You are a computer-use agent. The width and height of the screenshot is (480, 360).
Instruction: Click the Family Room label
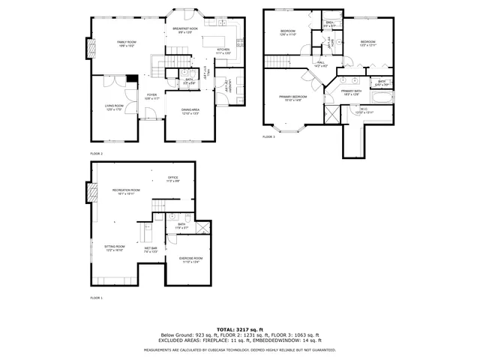pyautogui.click(x=125, y=43)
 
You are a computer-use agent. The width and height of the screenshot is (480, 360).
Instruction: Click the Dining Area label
pyautogui.click(x=190, y=111)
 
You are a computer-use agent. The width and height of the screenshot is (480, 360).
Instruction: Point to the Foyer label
pyautogui.click(x=151, y=96)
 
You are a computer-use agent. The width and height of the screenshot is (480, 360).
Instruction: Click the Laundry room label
pyautogui.click(x=227, y=86)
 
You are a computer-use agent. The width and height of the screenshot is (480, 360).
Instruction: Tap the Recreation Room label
pyautogui.click(x=126, y=191)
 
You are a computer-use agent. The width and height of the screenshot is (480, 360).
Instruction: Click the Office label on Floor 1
pyautogui.click(x=172, y=179)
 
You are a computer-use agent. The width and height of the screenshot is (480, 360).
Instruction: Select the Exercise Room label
pyautogui.click(x=190, y=259)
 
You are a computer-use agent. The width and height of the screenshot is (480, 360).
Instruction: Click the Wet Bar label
pyautogui.click(x=151, y=249)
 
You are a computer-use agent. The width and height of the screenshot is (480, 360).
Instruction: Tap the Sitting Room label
pyautogui.click(x=114, y=249)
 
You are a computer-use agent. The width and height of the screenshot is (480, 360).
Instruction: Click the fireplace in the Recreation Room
pyautogui.click(x=91, y=193)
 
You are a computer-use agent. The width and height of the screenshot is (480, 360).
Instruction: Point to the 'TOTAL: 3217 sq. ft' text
pyautogui.click(x=239, y=329)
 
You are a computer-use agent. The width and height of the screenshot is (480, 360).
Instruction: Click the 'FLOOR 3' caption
pyautogui.click(x=268, y=137)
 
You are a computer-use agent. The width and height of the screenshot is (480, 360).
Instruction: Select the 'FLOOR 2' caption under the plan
pyautogui.click(x=96, y=153)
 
